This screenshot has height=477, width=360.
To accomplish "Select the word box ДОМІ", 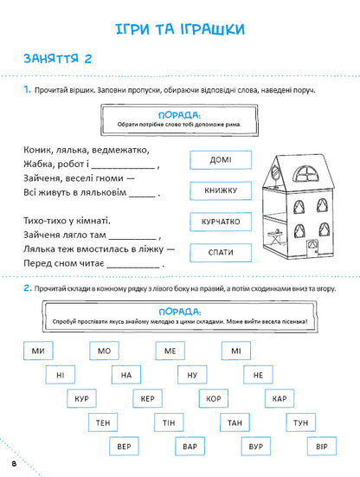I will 220,159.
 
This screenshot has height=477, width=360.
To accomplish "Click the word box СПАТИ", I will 220,252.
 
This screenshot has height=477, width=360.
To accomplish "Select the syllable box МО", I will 104,350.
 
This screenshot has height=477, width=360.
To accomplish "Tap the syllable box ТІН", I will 168,422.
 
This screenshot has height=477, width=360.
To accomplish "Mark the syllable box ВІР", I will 321,447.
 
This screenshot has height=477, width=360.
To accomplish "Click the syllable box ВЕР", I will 125,447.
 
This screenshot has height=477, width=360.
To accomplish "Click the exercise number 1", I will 28,90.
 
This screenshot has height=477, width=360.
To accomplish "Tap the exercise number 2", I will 28,288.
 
